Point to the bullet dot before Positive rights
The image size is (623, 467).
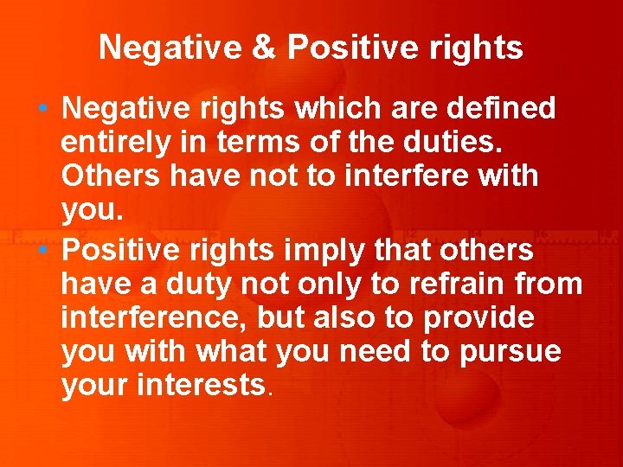point(42,250)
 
